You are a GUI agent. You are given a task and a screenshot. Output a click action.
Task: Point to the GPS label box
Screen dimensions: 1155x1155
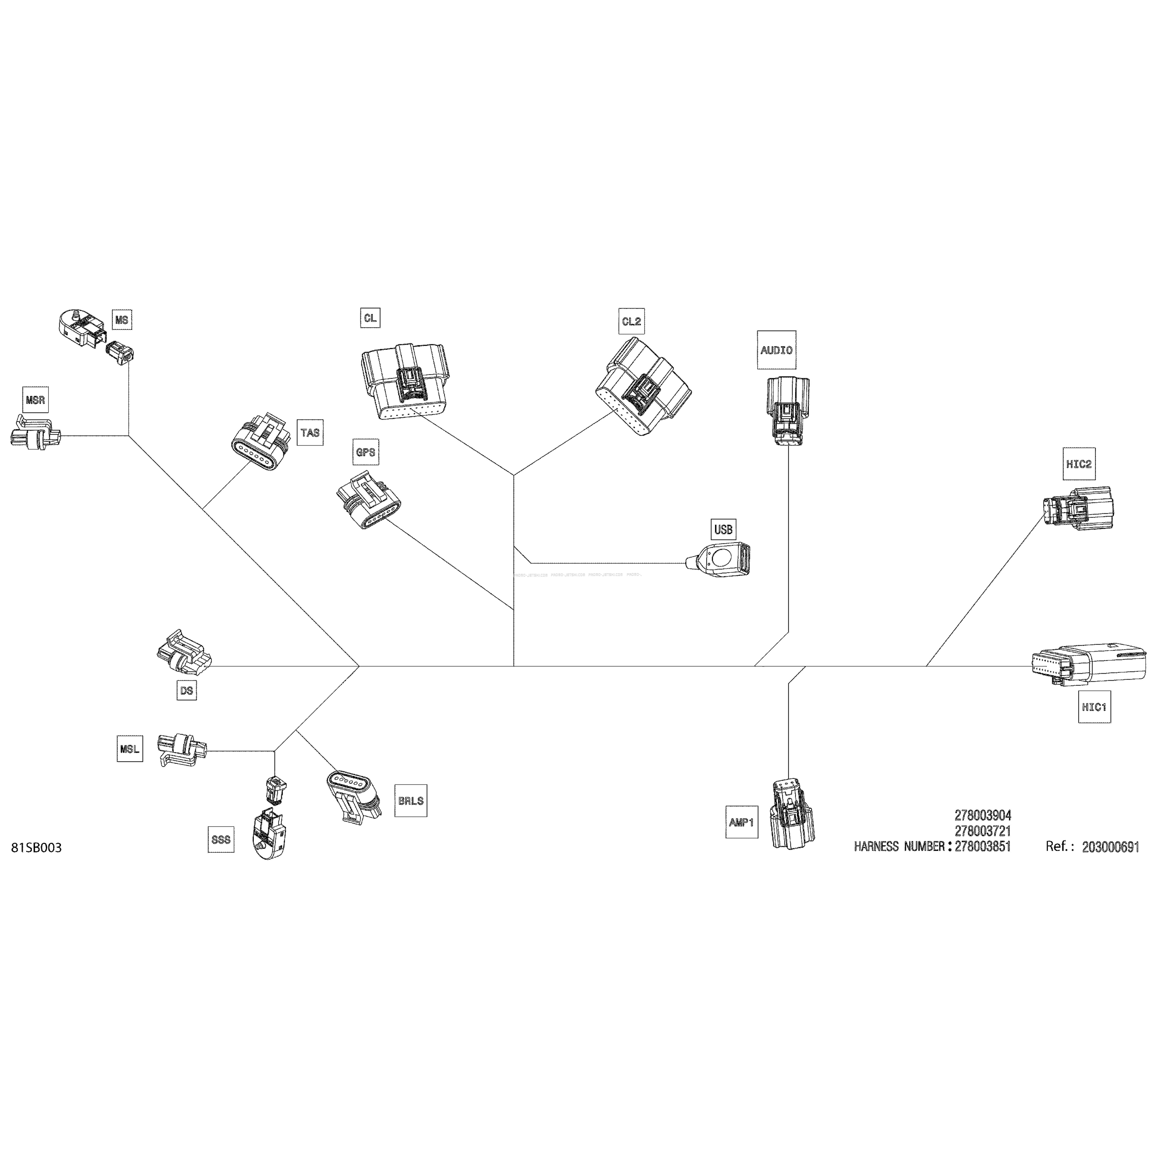365,452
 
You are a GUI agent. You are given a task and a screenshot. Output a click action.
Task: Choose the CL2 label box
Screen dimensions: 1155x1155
631,321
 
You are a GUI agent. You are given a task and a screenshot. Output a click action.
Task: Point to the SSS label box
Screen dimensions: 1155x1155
221,839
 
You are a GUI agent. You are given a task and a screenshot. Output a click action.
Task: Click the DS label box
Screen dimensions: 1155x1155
187,690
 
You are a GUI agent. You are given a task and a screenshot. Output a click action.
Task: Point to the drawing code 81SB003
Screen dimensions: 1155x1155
36,848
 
